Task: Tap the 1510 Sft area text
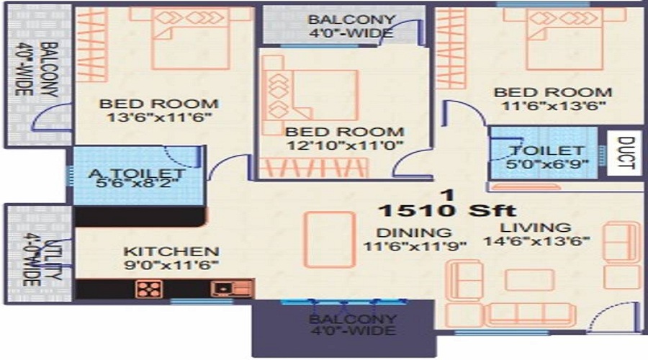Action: [448, 211]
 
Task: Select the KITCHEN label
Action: [171, 251]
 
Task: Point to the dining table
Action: [330, 239]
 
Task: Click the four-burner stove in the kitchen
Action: [149, 289]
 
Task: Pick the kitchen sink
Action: [231, 289]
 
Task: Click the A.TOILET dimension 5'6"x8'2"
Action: [137, 182]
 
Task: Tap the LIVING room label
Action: [536, 228]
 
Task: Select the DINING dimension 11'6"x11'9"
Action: [415, 246]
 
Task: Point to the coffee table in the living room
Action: [529, 280]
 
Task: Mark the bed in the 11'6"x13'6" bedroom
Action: [564, 39]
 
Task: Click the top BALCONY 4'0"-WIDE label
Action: [351, 26]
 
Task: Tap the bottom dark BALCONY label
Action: [353, 325]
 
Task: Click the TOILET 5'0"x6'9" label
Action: [547, 157]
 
